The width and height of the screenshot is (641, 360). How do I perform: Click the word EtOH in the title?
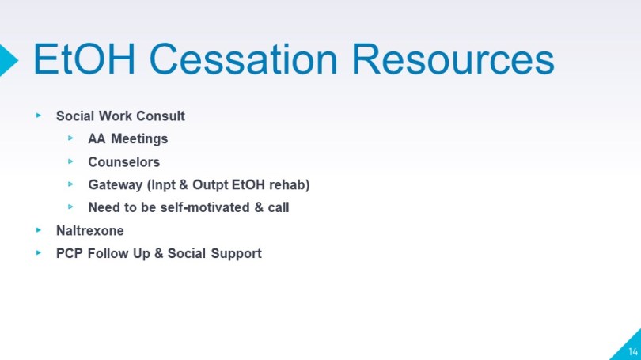point(84,59)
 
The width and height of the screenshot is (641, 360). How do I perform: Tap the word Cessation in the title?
point(243,59)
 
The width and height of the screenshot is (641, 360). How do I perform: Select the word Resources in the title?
point(453,59)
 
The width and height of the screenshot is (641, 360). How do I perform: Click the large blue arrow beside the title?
point(9,60)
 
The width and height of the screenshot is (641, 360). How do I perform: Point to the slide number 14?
point(633,351)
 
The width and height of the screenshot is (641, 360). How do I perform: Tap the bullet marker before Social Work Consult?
point(39,116)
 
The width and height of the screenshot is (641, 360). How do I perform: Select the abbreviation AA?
point(97,139)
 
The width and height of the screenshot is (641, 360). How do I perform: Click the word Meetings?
point(139,139)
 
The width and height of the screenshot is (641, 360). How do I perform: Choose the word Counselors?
point(124,162)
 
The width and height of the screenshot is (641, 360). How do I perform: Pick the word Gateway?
point(116,185)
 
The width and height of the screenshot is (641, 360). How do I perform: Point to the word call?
point(279,207)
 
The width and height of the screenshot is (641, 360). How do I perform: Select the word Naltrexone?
point(90,231)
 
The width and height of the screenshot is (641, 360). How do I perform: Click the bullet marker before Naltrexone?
point(39,230)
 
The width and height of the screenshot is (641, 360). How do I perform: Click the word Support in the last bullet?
point(237,254)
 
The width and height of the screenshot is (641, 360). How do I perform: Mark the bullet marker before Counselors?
point(70,162)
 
